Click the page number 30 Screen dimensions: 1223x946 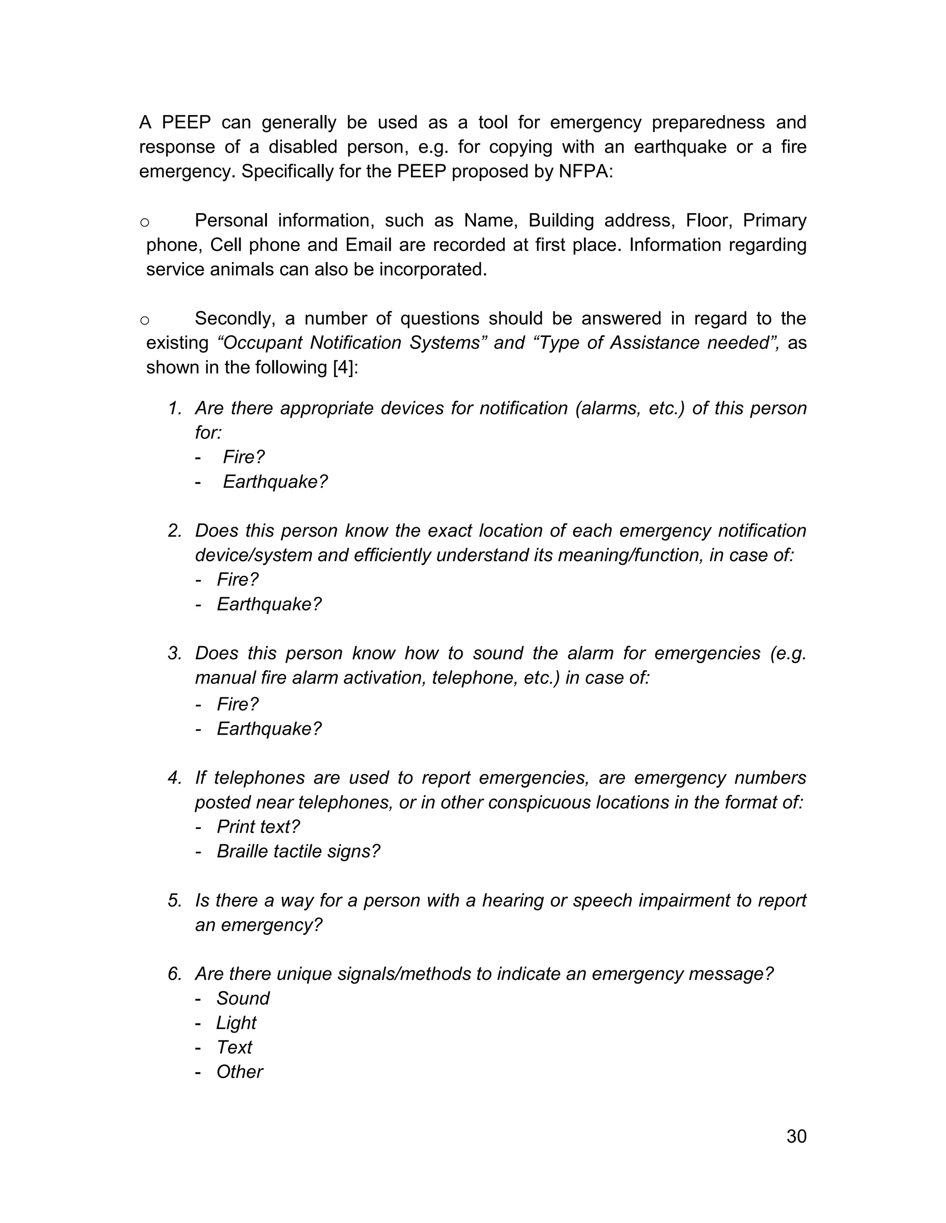(x=796, y=1136)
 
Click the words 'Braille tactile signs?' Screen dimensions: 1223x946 (x=298, y=851)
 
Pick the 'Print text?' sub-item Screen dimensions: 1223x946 (x=258, y=827)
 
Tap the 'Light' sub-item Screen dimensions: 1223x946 (x=236, y=1023)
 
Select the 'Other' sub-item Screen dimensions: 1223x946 (x=239, y=1072)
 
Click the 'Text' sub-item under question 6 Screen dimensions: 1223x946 (x=234, y=1047)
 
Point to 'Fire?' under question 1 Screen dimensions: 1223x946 (x=243, y=457)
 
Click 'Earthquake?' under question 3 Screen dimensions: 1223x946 (x=269, y=729)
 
